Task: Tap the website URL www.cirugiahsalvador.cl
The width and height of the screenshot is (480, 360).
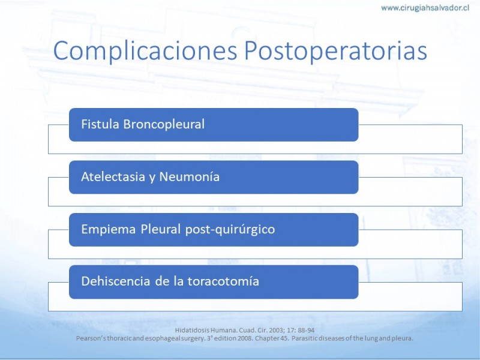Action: click(x=425, y=8)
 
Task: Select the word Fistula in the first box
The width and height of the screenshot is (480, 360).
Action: click(x=100, y=124)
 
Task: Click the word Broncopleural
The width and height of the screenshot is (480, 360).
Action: click(x=164, y=124)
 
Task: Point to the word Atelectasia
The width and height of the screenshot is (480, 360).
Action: click(x=113, y=176)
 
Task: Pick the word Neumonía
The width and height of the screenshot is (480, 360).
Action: click(x=189, y=176)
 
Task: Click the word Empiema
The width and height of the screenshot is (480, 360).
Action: click(x=109, y=229)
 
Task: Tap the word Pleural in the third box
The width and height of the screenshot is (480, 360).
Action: click(x=161, y=229)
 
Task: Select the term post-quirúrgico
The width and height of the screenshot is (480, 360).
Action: click(x=230, y=229)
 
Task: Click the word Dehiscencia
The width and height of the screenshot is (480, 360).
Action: click(x=116, y=281)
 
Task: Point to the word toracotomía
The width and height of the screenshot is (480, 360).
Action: click(x=223, y=281)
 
